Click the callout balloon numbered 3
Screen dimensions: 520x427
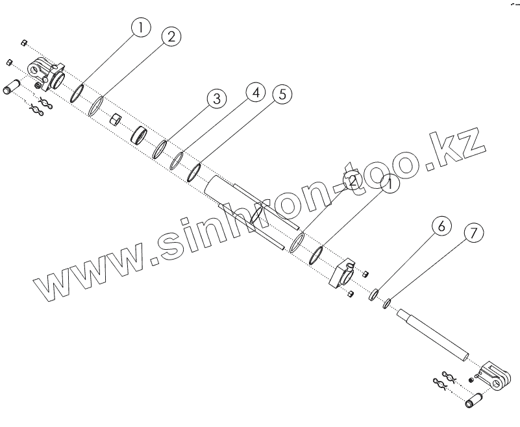pos(216,99)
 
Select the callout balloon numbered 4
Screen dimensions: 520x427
pos(255,93)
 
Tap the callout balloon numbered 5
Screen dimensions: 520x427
pos(280,94)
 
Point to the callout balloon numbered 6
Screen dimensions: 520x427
pos(441,227)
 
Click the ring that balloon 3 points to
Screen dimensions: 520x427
pos(160,149)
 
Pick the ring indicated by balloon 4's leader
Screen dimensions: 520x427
pos(177,160)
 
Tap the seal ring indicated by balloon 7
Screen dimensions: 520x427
pos(386,302)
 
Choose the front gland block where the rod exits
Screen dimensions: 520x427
pos(342,275)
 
